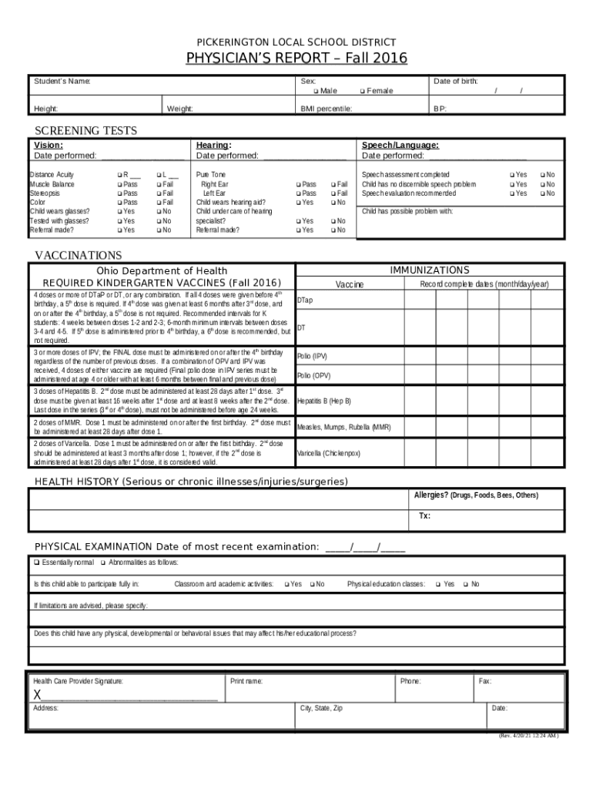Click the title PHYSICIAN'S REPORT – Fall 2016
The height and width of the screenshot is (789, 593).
click(x=296, y=59)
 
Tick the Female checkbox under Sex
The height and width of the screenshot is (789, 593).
click(x=362, y=91)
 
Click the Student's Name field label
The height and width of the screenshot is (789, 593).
click(x=62, y=81)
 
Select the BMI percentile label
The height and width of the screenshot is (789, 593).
click(x=326, y=109)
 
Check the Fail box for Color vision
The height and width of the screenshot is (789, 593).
click(x=158, y=203)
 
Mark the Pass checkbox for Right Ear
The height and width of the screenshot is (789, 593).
click(x=298, y=185)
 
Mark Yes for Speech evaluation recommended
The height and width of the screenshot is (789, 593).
click(x=511, y=193)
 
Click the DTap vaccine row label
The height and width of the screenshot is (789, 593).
click(x=305, y=300)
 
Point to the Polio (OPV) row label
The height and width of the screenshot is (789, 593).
click(x=313, y=375)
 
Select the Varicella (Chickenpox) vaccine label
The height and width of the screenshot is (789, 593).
click(x=329, y=453)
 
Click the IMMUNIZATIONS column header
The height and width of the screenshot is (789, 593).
click(x=429, y=270)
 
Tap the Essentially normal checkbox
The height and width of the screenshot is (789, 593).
click(x=36, y=562)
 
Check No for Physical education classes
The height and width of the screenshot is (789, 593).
click(x=465, y=584)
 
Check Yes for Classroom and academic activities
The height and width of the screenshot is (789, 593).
click(x=286, y=584)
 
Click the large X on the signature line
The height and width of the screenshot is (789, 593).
click(x=37, y=696)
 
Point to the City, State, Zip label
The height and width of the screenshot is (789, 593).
click(x=321, y=708)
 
